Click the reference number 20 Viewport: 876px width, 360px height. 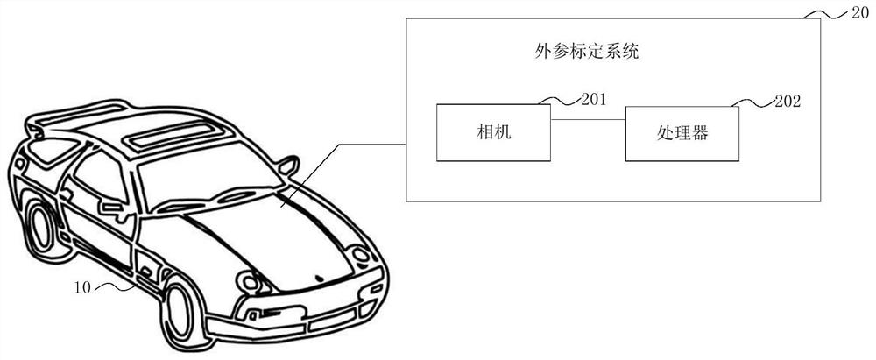pos(860,14)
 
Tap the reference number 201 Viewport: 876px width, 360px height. pos(593,100)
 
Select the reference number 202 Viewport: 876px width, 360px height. pos(788,102)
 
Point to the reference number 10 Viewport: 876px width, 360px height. pos(82,288)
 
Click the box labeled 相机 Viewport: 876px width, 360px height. pos(493,132)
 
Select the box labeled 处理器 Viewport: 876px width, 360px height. pos(682,134)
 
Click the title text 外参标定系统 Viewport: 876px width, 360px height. pos(586,53)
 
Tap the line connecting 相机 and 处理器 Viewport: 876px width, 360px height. pos(588,119)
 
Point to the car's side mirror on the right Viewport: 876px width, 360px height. pos(289,165)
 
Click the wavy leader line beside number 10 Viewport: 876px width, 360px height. pos(115,288)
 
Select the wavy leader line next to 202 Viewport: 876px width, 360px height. pos(753,102)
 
